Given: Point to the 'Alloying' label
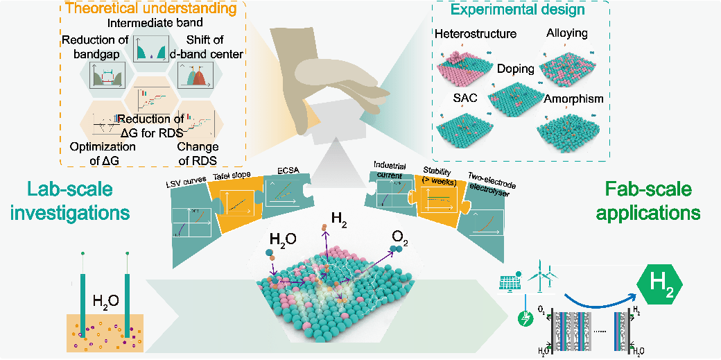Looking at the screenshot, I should click(x=566, y=33).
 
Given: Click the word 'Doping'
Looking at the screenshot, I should click(x=515, y=70).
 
